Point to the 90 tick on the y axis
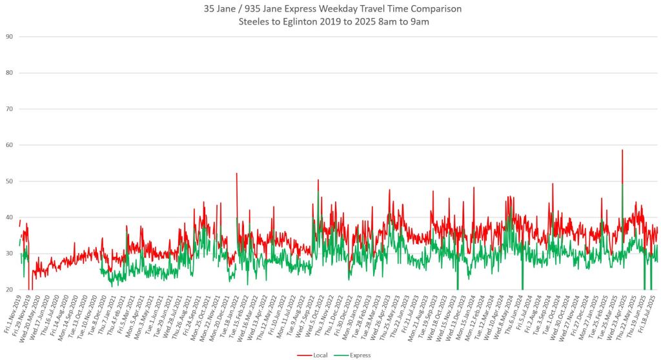tap(9, 37)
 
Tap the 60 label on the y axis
tap(9, 145)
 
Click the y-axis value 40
tap(9, 217)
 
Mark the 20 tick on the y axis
tap(9, 290)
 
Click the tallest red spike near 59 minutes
tap(622, 151)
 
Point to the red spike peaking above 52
tap(237, 174)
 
